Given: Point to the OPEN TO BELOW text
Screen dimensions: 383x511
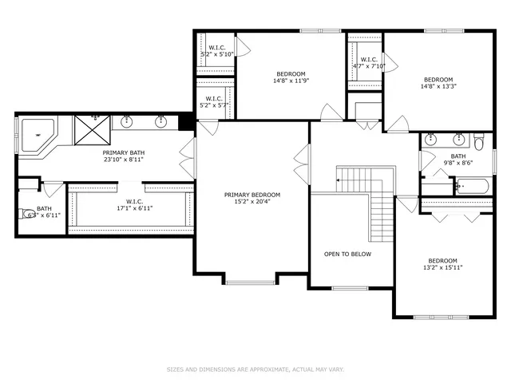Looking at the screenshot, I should click(347, 255).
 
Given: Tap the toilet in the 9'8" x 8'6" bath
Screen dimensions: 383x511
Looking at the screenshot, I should click(477, 143).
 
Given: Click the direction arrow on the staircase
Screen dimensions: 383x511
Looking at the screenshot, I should click(339, 180).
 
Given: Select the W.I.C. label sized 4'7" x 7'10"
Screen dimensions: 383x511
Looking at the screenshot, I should click(369, 60).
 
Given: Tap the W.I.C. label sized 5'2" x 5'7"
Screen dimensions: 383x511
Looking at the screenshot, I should click(215, 99).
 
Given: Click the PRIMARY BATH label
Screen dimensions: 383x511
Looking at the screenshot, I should click(122, 152).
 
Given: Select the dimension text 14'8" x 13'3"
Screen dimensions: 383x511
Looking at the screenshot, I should click(438, 87).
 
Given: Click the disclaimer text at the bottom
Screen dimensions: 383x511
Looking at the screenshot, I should click(255, 369).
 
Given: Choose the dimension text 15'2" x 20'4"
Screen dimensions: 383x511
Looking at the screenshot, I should click(252, 202).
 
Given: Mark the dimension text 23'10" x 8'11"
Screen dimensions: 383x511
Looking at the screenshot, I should click(122, 159).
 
